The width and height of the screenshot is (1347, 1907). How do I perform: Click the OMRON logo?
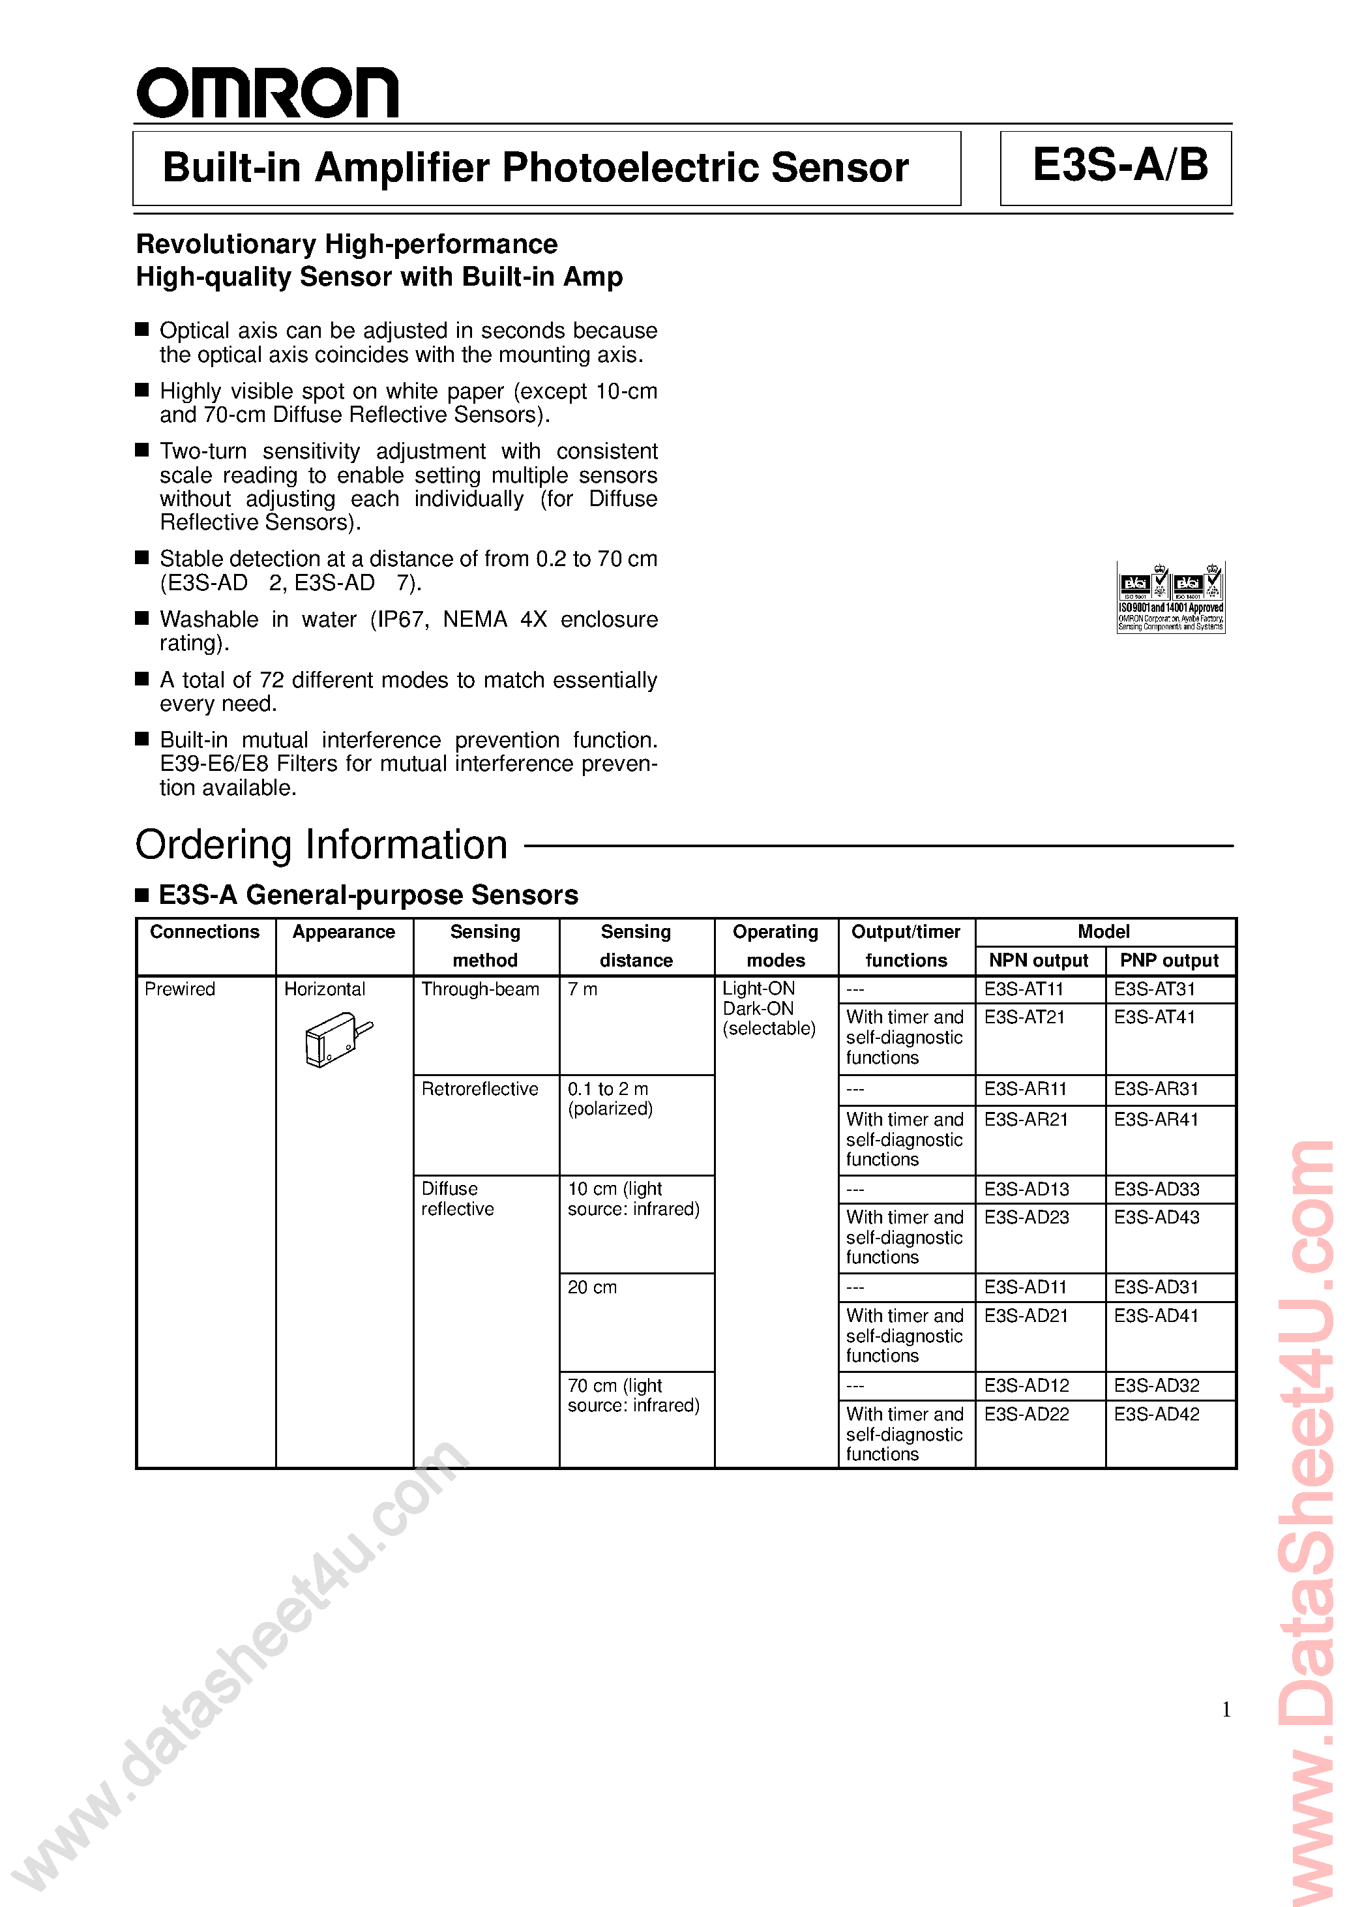(267, 93)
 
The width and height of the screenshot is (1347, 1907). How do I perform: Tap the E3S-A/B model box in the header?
(1116, 168)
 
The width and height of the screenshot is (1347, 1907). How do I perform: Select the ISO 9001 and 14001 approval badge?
(1170, 597)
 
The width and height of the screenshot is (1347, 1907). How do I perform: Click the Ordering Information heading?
(321, 845)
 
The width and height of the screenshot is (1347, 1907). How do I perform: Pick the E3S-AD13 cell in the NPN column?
(1026, 1190)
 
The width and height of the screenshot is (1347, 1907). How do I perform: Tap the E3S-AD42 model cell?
(1156, 1415)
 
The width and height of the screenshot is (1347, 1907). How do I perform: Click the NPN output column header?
(1038, 961)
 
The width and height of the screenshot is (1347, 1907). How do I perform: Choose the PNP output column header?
(1169, 961)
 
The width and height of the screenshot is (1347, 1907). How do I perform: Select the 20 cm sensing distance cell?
(592, 1287)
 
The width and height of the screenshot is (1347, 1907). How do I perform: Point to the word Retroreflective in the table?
(479, 1089)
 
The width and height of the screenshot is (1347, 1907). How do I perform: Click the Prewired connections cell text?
(179, 989)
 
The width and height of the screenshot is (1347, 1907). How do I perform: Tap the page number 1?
(1226, 1710)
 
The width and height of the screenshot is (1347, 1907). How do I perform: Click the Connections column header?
(204, 932)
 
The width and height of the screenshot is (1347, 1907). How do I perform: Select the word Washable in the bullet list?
(209, 620)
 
